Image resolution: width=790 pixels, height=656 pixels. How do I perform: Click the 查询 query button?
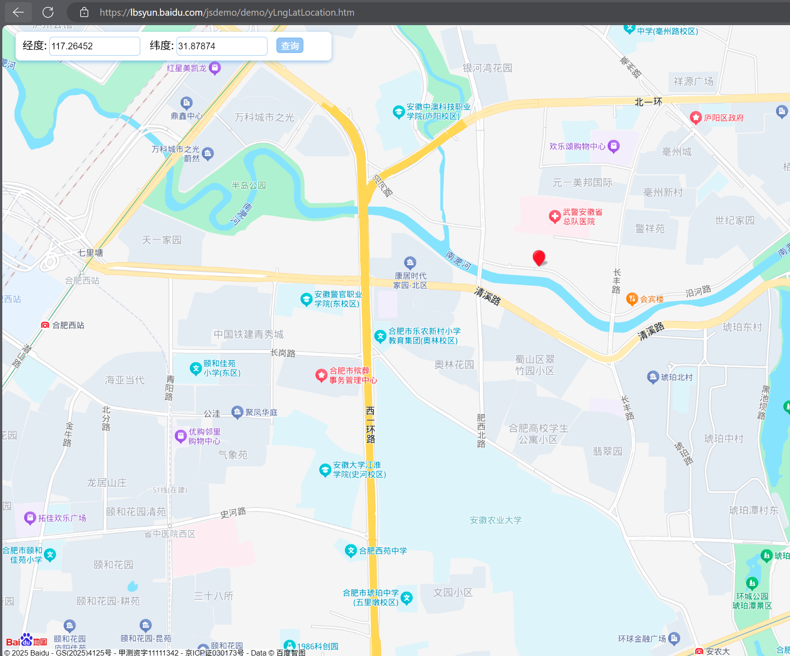[x=290, y=46]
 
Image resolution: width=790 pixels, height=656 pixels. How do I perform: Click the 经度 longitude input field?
[x=95, y=46]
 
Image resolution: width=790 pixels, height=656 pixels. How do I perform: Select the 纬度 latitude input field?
[x=222, y=46]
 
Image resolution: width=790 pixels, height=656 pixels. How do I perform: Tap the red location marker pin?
[x=539, y=258]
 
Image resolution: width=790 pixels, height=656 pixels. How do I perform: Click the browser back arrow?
[x=18, y=12]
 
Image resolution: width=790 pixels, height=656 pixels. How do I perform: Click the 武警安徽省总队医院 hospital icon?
[x=555, y=217]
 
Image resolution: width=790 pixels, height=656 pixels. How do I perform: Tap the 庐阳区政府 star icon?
[x=695, y=117]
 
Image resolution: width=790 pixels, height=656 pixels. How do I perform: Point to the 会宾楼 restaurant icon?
[x=632, y=299]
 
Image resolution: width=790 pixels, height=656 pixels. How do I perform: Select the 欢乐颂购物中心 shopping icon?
[x=613, y=146]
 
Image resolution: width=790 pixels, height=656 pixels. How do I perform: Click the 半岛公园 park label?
[x=248, y=185]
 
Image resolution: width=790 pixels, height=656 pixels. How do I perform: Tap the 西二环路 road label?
[x=370, y=424]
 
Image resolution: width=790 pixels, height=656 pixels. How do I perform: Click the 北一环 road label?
[x=648, y=102]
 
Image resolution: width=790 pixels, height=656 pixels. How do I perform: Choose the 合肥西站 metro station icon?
[x=45, y=325]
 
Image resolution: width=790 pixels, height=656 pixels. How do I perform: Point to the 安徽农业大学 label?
[x=496, y=520]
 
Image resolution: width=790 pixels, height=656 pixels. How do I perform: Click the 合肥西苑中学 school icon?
[x=351, y=550]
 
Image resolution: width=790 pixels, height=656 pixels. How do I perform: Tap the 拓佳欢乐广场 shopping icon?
[x=30, y=518]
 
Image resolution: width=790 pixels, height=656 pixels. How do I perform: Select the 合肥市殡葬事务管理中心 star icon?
[x=321, y=375]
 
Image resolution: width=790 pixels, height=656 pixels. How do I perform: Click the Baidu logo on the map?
[x=26, y=640]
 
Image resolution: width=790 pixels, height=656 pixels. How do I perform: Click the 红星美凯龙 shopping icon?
[x=215, y=68]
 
